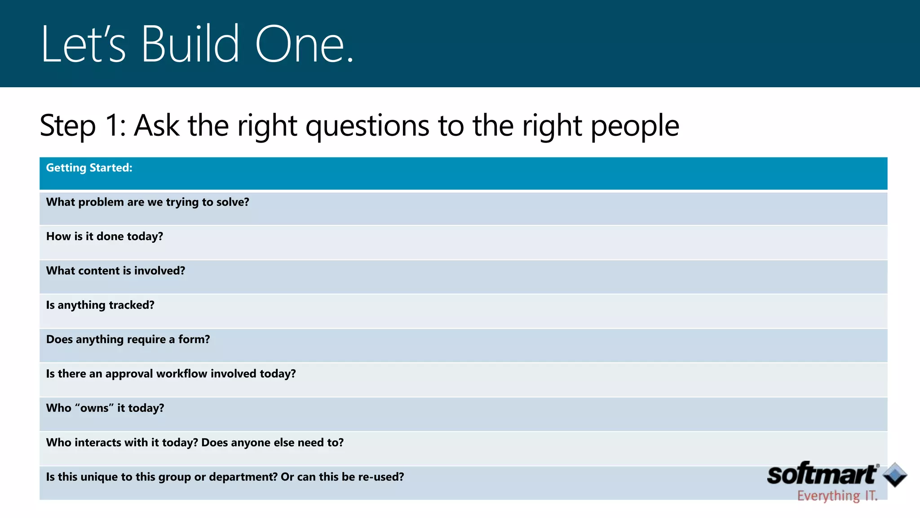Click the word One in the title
300,44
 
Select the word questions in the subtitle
367,126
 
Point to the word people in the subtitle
634,126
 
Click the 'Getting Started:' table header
89,168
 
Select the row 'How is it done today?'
105,237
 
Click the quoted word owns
94,408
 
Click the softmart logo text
822,475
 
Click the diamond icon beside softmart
895,474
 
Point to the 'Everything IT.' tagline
837,496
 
